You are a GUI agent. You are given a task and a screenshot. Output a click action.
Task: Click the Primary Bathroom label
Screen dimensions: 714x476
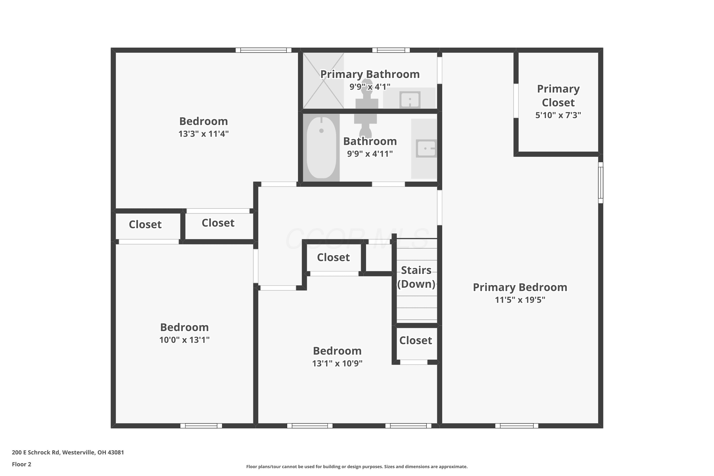coord(370,74)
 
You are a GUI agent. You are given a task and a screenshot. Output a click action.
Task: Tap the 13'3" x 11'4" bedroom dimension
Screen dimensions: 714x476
coord(203,134)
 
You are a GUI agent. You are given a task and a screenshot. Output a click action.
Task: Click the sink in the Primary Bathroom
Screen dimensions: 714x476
coord(410,99)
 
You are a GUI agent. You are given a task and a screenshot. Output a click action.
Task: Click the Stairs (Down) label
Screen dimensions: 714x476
coord(416,277)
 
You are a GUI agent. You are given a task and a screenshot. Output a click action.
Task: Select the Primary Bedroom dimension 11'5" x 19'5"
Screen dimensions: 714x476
coord(520,300)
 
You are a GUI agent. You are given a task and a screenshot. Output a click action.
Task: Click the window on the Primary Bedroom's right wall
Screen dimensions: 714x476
coord(600,183)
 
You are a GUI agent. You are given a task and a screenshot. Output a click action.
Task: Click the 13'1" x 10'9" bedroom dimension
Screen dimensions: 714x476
coord(337,363)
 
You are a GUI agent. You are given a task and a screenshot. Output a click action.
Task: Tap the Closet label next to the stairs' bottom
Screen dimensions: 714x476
coord(416,340)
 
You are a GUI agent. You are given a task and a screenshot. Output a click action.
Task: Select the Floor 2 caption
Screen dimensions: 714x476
coord(22,464)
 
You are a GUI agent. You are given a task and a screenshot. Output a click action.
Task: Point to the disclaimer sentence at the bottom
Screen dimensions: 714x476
coord(357,466)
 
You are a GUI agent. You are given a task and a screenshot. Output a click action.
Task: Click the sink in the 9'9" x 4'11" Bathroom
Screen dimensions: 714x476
coord(426,149)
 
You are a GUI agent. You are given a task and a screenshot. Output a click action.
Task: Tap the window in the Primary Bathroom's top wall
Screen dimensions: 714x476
coord(391,50)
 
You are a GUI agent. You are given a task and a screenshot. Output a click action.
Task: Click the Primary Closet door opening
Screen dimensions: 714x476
coord(516,100)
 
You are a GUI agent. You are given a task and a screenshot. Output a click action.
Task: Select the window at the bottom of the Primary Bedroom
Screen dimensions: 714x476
coord(517,426)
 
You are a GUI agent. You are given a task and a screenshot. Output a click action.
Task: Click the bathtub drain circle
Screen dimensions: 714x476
coord(322,131)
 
